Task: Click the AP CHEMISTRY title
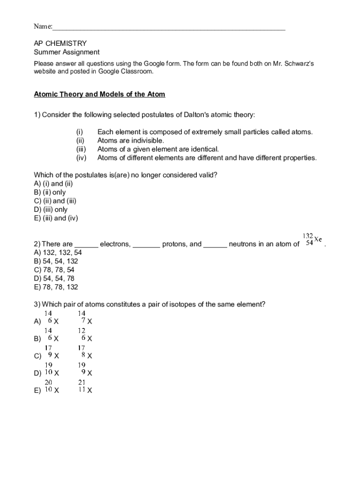pos(60,44)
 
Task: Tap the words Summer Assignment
pos(66,52)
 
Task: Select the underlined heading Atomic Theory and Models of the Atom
pos(100,94)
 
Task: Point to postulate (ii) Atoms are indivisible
pos(130,140)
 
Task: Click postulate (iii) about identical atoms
pos(158,149)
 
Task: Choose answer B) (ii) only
pos(50,192)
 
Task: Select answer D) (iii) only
pos(50,210)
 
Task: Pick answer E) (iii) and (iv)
pos(56,218)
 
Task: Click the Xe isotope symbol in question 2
pos(312,240)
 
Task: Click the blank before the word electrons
pos(86,244)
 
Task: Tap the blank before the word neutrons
pos(216,244)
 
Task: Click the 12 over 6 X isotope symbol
pos(85,335)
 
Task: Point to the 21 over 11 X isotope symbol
pos(85,387)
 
